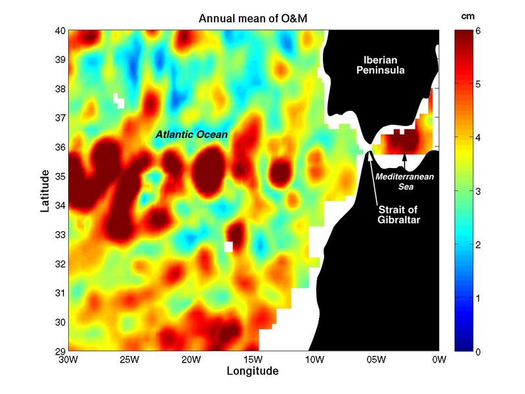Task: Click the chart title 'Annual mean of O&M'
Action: [253, 20]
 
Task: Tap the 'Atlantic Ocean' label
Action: [192, 135]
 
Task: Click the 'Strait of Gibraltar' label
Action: [398, 214]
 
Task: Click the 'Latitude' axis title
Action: [45, 190]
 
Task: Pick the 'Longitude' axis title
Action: [253, 371]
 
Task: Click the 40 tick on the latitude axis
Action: [59, 30]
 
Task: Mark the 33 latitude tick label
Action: [59, 234]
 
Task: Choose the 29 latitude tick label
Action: [59, 351]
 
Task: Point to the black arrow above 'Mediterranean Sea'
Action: [405, 162]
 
